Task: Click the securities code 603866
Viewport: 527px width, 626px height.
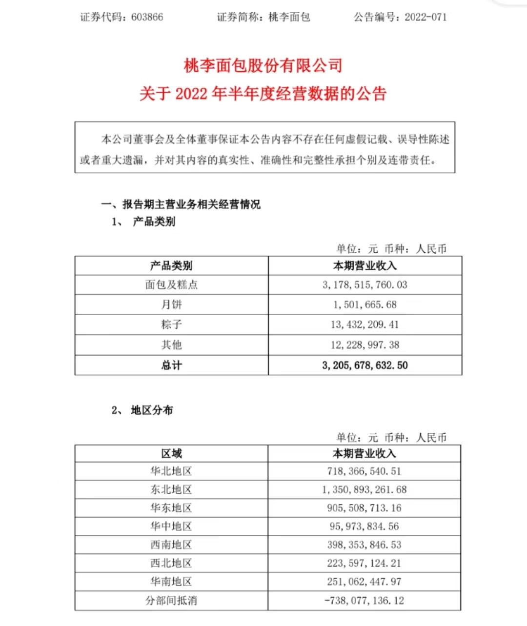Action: pyautogui.click(x=147, y=17)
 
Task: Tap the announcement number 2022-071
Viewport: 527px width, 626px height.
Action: pyautogui.click(x=426, y=17)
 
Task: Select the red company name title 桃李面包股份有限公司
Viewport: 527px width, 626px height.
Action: pyautogui.click(x=263, y=65)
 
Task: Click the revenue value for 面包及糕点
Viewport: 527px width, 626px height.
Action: pyautogui.click(x=365, y=285)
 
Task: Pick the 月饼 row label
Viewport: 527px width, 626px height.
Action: pyautogui.click(x=171, y=305)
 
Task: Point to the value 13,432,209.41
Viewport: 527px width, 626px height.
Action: pyautogui.click(x=365, y=325)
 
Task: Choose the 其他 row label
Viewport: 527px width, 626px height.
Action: pyautogui.click(x=171, y=345)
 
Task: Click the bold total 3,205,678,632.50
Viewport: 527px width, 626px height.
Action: pyautogui.click(x=365, y=365)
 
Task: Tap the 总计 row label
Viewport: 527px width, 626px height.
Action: pyautogui.click(x=171, y=365)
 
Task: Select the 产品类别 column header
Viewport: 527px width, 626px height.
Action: pyautogui.click(x=171, y=266)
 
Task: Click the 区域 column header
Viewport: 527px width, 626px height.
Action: pyautogui.click(x=171, y=454)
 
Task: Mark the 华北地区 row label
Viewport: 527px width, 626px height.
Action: pyautogui.click(x=171, y=471)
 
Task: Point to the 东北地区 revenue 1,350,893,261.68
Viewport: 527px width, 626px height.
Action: pyautogui.click(x=364, y=490)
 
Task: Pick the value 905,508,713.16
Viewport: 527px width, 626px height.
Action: pyautogui.click(x=364, y=508)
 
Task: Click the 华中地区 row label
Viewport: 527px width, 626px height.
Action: pyautogui.click(x=171, y=526)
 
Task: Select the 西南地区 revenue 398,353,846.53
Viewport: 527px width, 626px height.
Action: pyautogui.click(x=364, y=545)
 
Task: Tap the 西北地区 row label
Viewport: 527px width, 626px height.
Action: pyautogui.click(x=171, y=564)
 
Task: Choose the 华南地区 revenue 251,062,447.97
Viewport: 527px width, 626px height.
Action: pyautogui.click(x=364, y=582)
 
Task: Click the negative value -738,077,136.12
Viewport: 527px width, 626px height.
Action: pyautogui.click(x=364, y=601)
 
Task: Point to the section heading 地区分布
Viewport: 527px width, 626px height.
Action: pyautogui.click(x=152, y=410)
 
